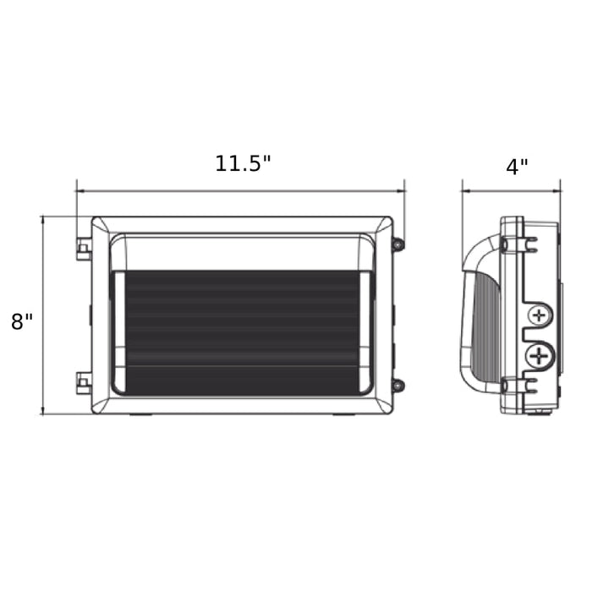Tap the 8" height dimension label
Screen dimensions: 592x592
click(22, 321)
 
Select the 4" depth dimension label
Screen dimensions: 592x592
click(517, 166)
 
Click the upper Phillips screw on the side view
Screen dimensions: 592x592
click(538, 317)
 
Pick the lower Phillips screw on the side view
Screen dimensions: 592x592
click(537, 356)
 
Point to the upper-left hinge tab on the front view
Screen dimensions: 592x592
click(83, 249)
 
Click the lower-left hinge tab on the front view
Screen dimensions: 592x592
click(83, 382)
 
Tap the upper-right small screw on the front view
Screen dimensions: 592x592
click(397, 244)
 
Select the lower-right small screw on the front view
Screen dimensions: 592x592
click(397, 386)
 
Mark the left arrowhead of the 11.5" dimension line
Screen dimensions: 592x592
click(79, 190)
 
